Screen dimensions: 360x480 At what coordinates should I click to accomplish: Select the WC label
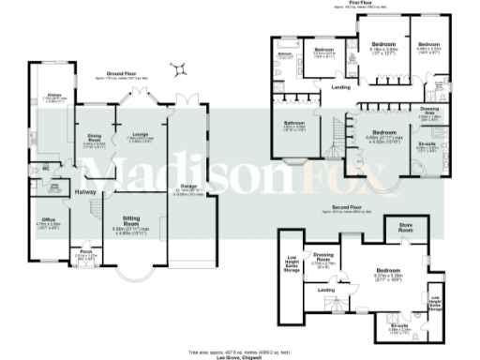click(45, 170)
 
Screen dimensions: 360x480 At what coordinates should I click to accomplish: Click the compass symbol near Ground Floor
click(179, 67)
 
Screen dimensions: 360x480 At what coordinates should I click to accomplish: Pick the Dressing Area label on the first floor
click(429, 110)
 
